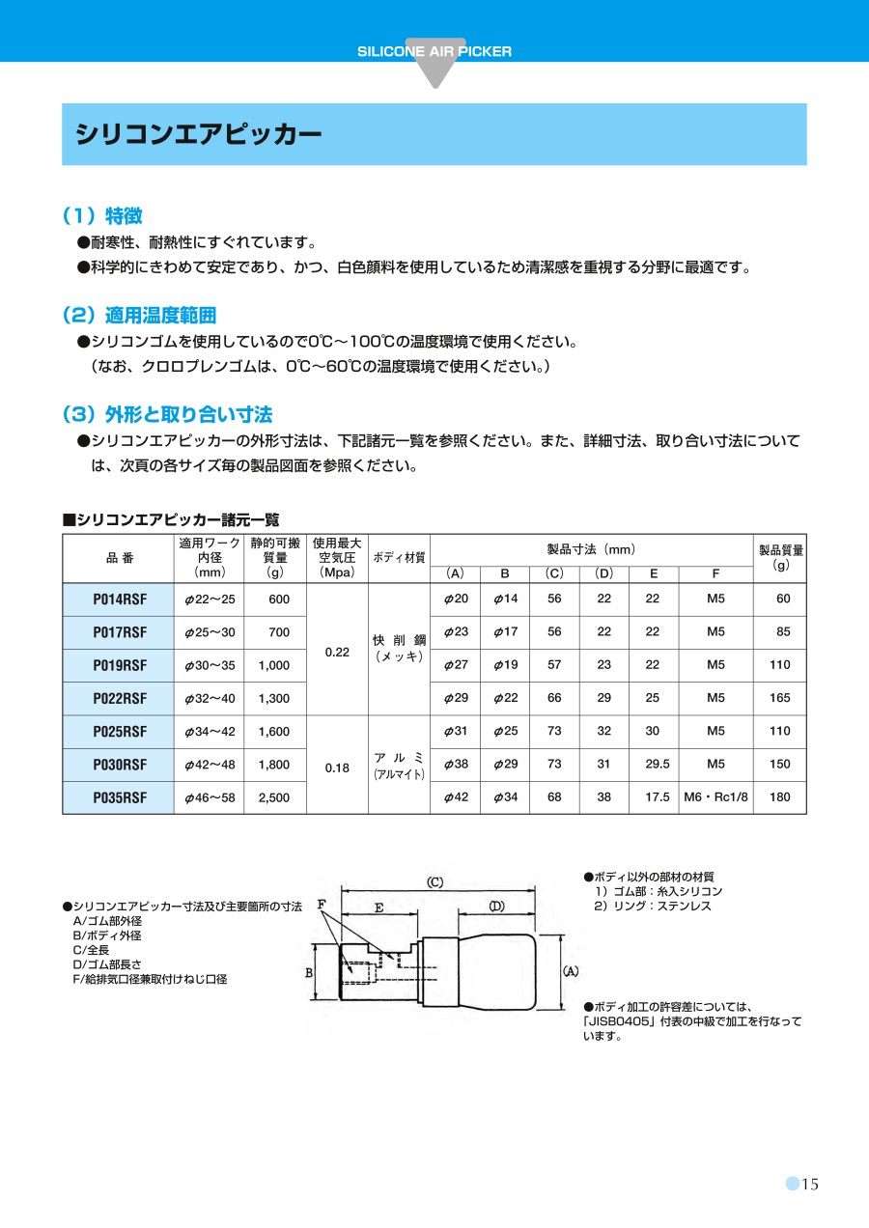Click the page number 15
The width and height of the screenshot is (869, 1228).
pyautogui.click(x=809, y=1185)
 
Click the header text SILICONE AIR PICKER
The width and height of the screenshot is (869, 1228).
pyautogui.click(x=434, y=51)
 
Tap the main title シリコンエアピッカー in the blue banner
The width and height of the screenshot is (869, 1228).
pyautogui.click(x=199, y=133)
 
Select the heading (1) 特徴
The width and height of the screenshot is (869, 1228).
pyautogui.click(x=101, y=215)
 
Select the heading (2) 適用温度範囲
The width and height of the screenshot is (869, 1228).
pyautogui.click(x=138, y=315)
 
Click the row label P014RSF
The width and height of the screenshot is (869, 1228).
pyautogui.click(x=120, y=600)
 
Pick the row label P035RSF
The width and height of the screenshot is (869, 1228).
pyautogui.click(x=120, y=798)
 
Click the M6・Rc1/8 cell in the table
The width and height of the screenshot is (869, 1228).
pyautogui.click(x=715, y=797)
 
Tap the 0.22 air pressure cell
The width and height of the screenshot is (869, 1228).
pyautogui.click(x=337, y=652)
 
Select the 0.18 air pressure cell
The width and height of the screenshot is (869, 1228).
pyautogui.click(x=337, y=767)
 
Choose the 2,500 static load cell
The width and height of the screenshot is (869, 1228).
pyautogui.click(x=274, y=798)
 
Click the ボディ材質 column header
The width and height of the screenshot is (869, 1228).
pyautogui.click(x=399, y=558)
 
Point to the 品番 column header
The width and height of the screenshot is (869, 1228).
pyautogui.click(x=120, y=558)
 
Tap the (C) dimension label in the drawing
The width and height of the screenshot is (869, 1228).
pyautogui.click(x=434, y=881)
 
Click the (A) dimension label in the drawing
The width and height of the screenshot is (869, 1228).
pyautogui.click(x=570, y=970)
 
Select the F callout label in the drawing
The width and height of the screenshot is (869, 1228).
pyautogui.click(x=322, y=904)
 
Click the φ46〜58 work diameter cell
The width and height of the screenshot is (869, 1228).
pyautogui.click(x=210, y=798)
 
